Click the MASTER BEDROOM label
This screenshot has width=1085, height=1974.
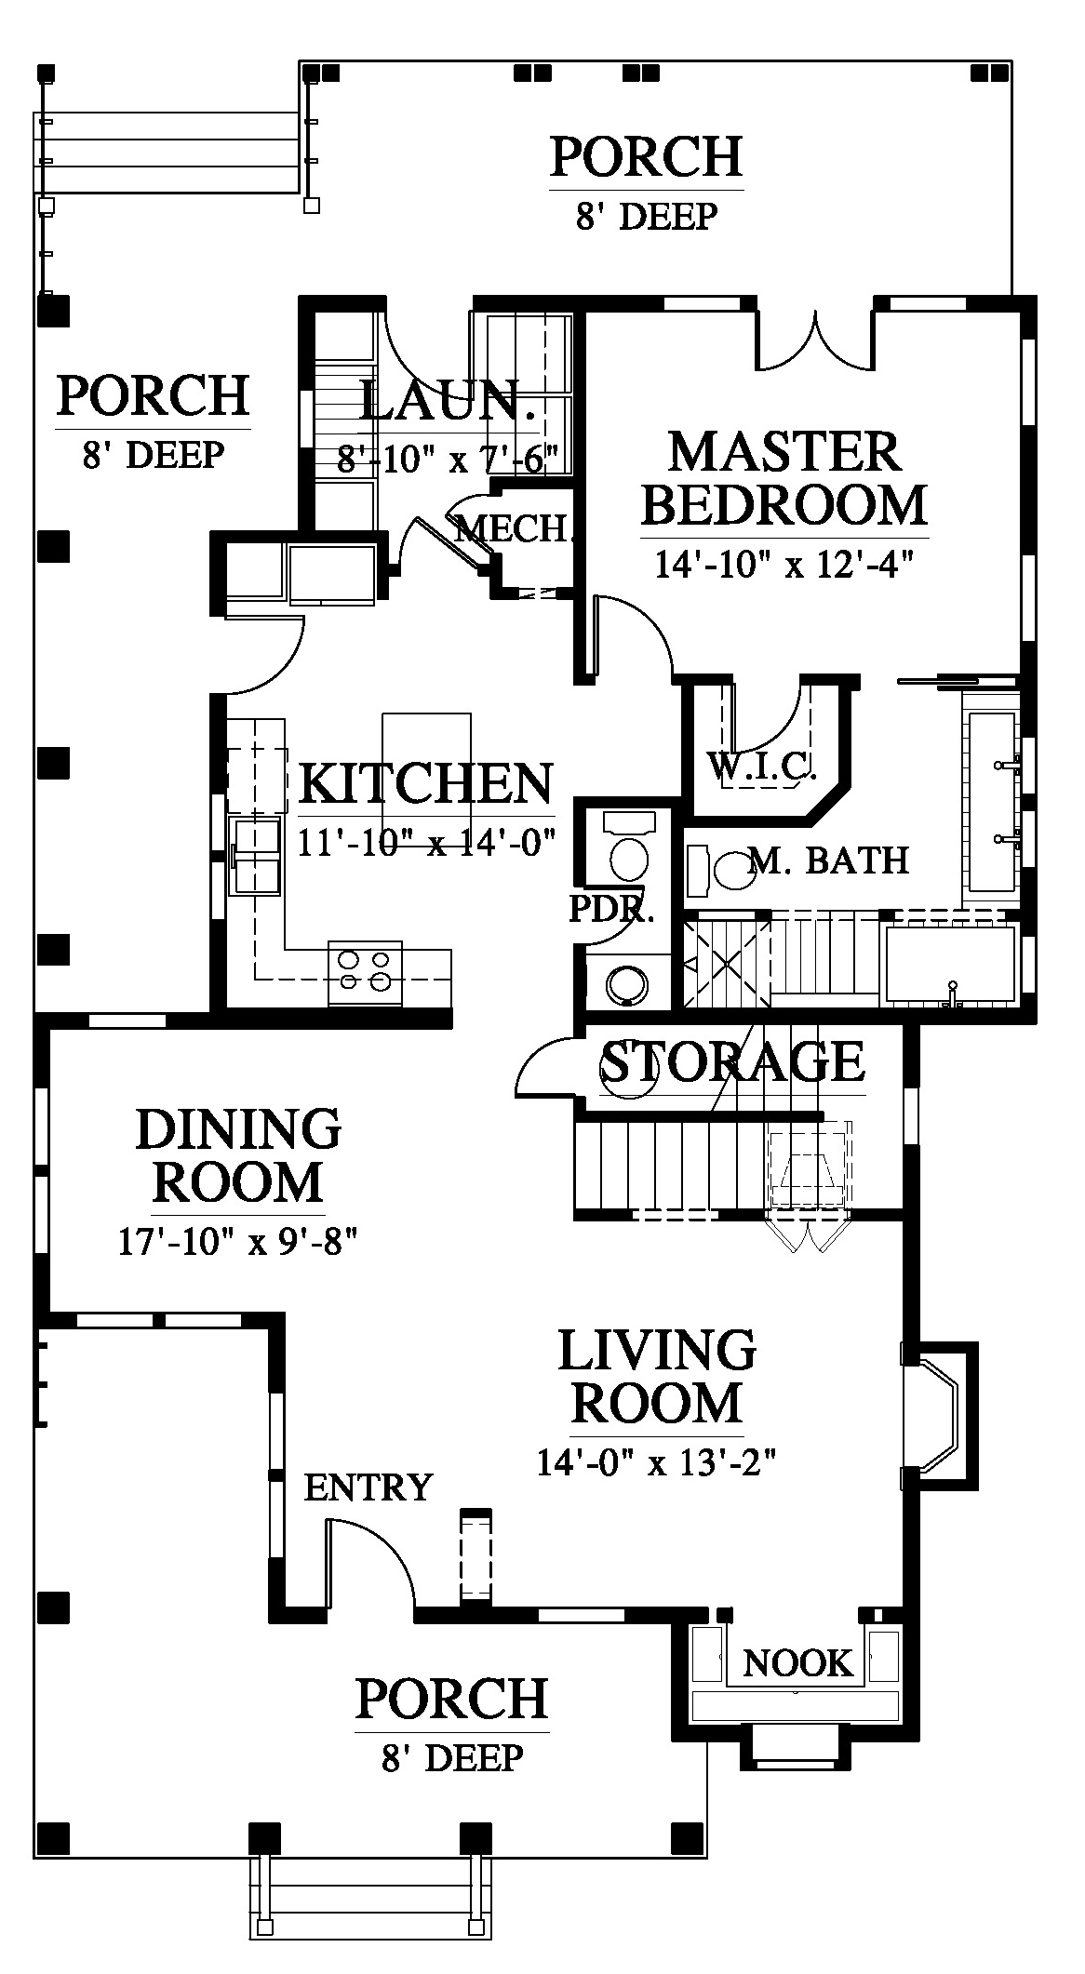tap(784, 478)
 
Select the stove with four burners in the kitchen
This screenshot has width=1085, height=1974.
tap(365, 972)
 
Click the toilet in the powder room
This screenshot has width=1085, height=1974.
tap(629, 847)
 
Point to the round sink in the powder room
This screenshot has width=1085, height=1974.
tap(625, 985)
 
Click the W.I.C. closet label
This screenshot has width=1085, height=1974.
tap(762, 766)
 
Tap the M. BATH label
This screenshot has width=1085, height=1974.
tap(829, 860)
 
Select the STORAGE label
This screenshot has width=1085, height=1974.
tap(733, 1061)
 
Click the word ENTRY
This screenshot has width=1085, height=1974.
tap(368, 1487)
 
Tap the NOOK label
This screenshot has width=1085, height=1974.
tap(798, 1662)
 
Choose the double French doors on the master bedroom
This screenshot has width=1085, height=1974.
tap(816, 340)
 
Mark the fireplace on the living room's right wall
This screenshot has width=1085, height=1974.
tap(940, 1413)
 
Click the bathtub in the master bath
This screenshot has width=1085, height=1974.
tap(949, 965)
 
